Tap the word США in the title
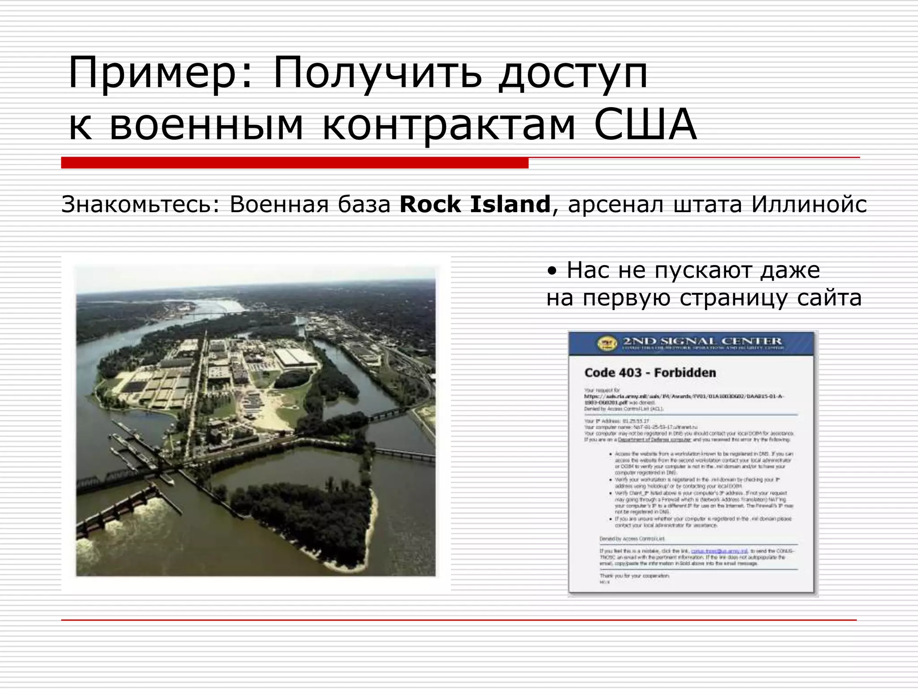(x=645, y=124)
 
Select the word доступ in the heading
(x=573, y=73)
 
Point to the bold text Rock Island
(x=475, y=205)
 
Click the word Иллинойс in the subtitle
(x=809, y=205)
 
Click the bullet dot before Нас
(x=553, y=271)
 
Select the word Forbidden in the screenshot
(x=685, y=373)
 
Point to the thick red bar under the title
(x=294, y=163)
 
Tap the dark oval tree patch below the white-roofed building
(x=292, y=379)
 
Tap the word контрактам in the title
(x=448, y=124)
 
